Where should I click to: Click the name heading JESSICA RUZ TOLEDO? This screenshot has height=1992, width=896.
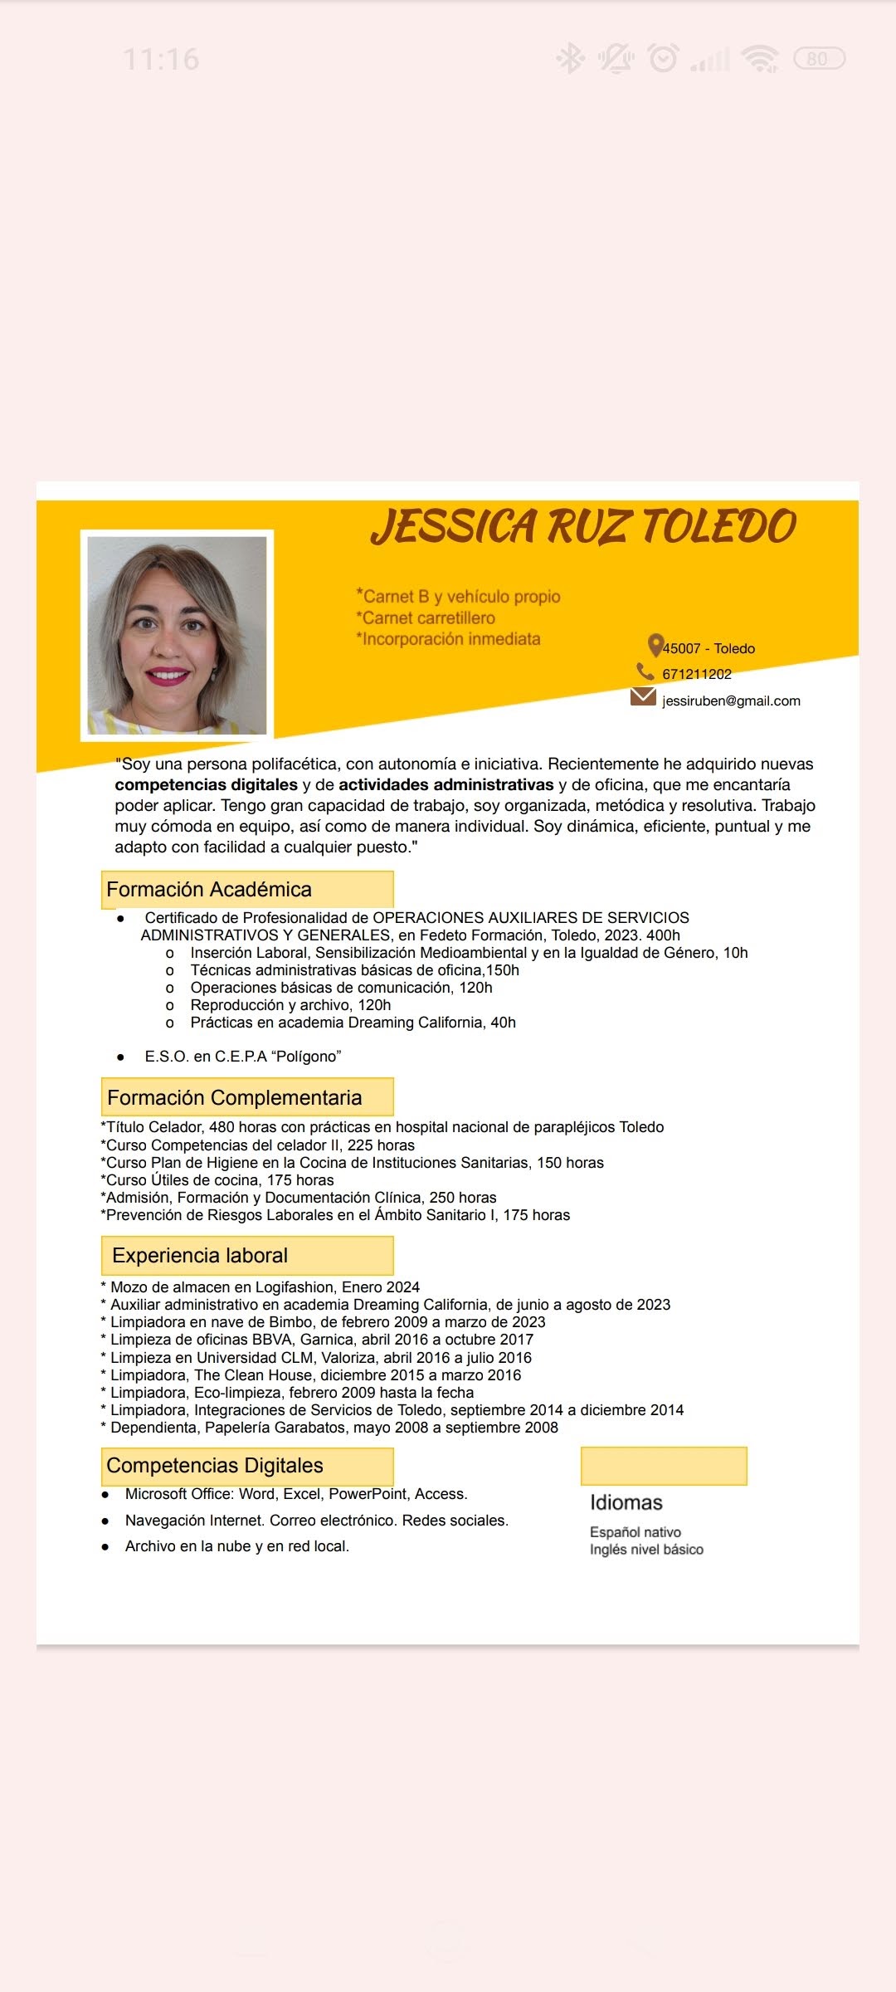[583, 526]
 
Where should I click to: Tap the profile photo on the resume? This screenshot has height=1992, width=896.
[177, 636]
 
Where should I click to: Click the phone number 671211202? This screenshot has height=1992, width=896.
[697, 674]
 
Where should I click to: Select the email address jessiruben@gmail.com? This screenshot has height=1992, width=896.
[731, 701]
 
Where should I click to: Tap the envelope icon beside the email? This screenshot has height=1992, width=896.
[643, 696]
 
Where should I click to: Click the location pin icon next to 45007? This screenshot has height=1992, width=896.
[655, 645]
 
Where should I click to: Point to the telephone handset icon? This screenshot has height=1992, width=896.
[645, 671]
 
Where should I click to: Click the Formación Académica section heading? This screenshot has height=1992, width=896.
[209, 890]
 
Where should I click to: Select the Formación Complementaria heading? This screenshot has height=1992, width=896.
[235, 1097]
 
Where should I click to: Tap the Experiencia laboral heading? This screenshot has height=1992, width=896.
[200, 1256]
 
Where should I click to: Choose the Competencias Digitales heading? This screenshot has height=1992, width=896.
[215, 1466]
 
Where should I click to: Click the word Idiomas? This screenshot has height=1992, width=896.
[626, 1502]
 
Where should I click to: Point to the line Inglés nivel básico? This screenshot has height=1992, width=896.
[646, 1550]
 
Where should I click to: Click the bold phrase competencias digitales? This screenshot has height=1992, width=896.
[206, 785]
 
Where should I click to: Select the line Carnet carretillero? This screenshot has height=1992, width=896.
[427, 618]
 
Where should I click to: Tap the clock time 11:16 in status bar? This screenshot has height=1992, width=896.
[161, 59]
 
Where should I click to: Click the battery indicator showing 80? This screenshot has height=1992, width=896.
[819, 59]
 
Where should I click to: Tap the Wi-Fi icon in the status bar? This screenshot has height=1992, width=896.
[760, 59]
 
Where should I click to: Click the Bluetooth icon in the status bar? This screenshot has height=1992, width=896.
[570, 59]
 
